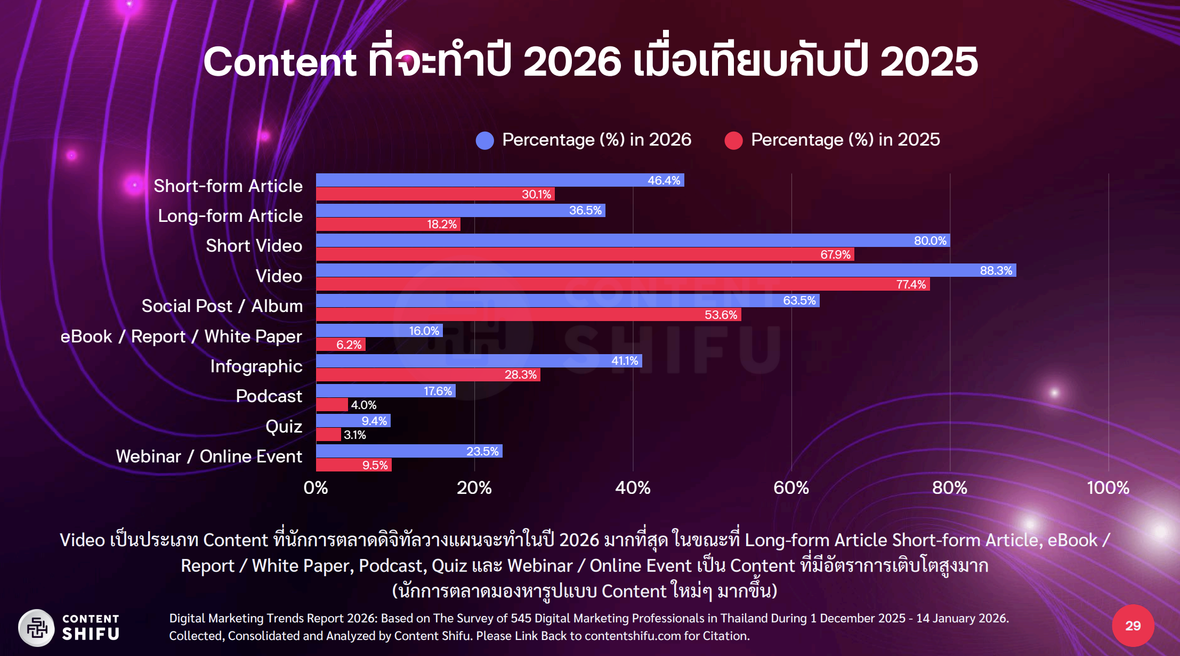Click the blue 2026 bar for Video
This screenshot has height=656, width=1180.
[666, 270]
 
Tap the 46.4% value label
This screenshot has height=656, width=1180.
[664, 180]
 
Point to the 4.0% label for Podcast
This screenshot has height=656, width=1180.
[363, 405]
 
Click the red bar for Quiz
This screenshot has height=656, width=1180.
[328, 435]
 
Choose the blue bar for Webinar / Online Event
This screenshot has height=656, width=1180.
[409, 451]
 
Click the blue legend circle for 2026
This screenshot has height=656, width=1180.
[484, 140]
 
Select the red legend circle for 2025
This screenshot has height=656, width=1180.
[733, 140]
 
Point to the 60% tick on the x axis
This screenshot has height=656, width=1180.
[791, 487]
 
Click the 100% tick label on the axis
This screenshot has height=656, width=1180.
[1108, 487]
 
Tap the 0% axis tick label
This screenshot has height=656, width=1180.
[316, 487]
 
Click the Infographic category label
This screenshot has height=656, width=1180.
[256, 366]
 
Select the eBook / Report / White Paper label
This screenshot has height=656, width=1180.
[181, 337]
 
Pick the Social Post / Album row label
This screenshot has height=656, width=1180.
[222, 306]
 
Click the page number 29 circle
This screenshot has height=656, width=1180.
[1133, 626]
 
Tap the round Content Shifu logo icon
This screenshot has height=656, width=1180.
[36, 627]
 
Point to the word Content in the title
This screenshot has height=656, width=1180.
[279, 61]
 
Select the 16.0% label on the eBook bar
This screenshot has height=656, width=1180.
[424, 331]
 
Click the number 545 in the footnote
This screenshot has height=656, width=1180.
[521, 618]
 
